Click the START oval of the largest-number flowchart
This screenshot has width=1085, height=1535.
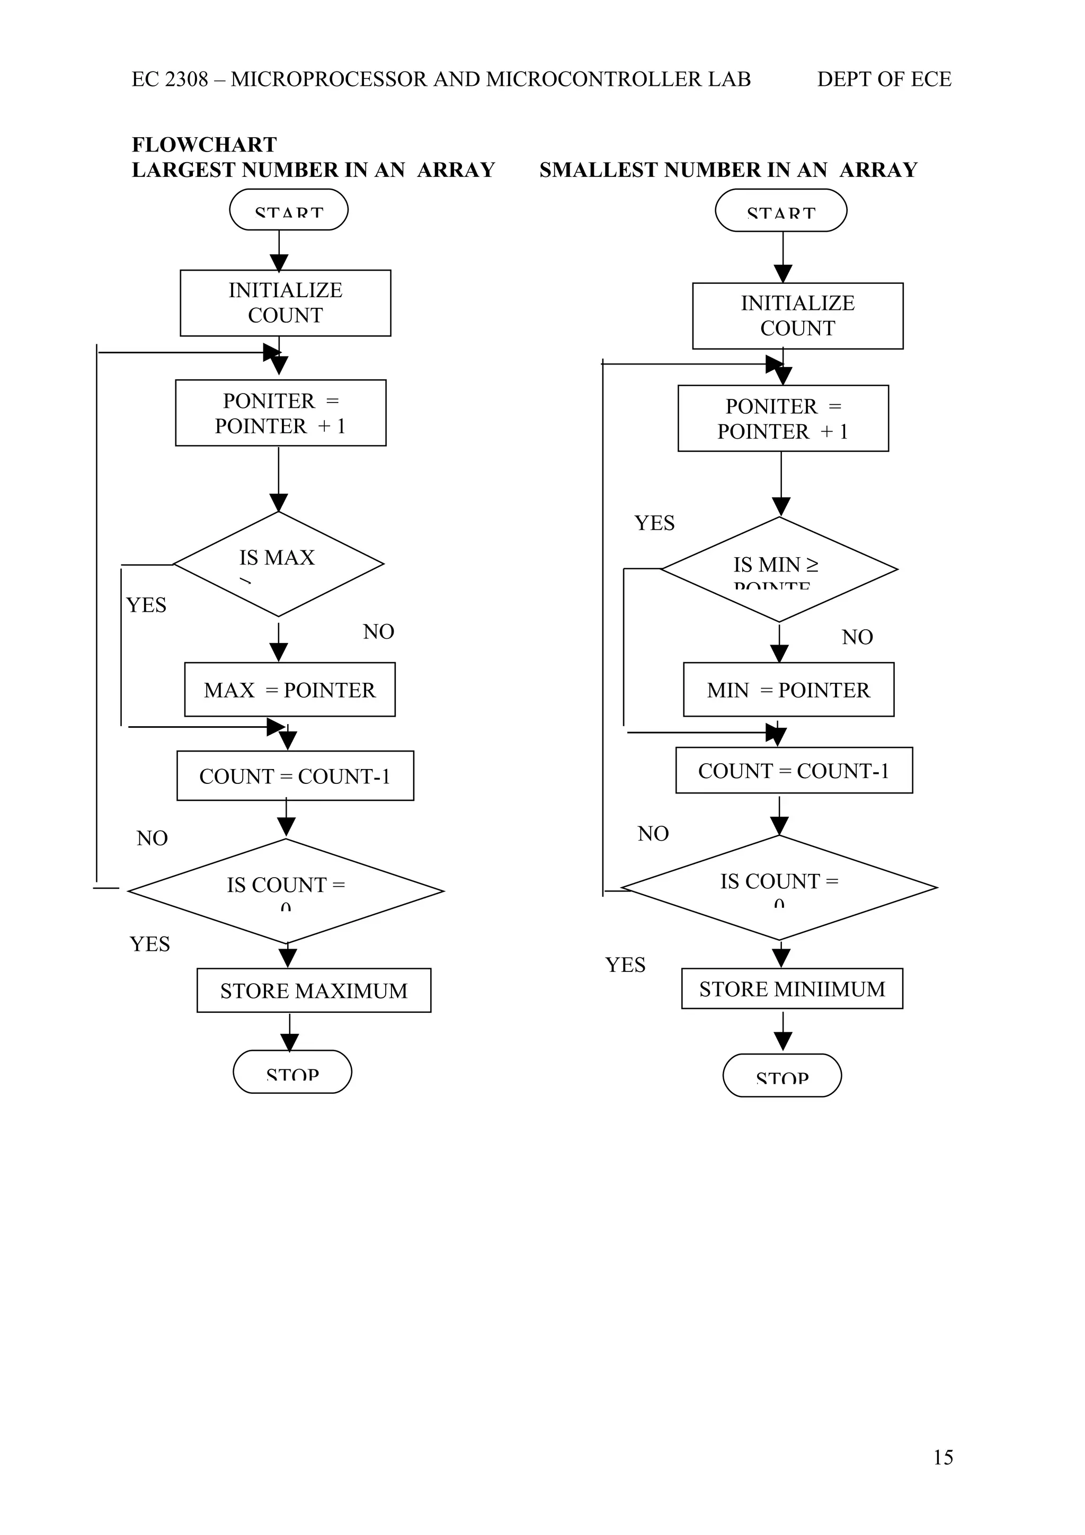click(x=288, y=210)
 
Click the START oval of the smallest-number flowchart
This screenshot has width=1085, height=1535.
click(x=780, y=211)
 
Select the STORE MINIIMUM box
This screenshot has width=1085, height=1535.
click(x=791, y=988)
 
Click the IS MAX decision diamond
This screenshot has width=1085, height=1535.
click(x=278, y=564)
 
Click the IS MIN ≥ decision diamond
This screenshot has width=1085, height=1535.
click(x=778, y=569)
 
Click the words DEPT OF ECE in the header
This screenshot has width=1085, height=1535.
click(x=883, y=79)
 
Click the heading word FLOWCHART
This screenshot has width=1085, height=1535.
click(x=204, y=145)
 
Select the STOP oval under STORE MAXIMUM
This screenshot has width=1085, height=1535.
click(x=292, y=1072)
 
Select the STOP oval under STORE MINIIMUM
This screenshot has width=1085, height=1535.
click(x=781, y=1076)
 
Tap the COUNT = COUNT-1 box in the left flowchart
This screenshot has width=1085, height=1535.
click(x=295, y=775)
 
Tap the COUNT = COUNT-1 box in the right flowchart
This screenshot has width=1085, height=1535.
click(x=794, y=770)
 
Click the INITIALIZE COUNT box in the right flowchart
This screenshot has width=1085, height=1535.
click(x=797, y=316)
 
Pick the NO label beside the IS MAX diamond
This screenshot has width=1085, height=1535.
click(x=378, y=631)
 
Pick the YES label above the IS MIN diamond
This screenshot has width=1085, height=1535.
click(x=654, y=523)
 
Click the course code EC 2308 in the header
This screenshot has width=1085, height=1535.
click(x=170, y=79)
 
